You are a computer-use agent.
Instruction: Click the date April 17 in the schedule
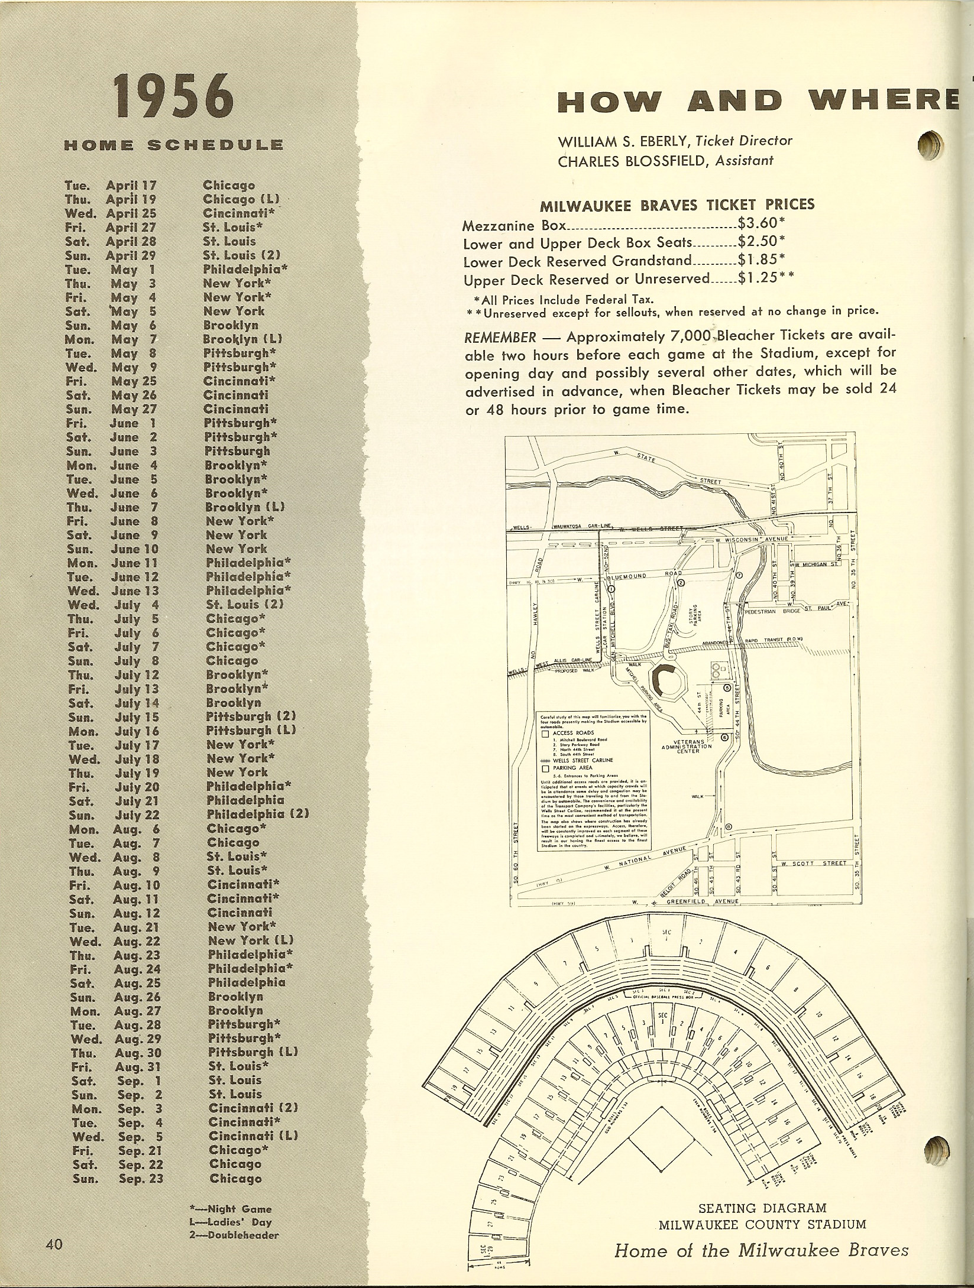pyautogui.click(x=130, y=186)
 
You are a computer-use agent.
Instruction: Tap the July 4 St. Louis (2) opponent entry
pyautogui.click(x=245, y=604)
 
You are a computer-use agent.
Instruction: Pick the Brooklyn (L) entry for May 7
pyautogui.click(x=242, y=339)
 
